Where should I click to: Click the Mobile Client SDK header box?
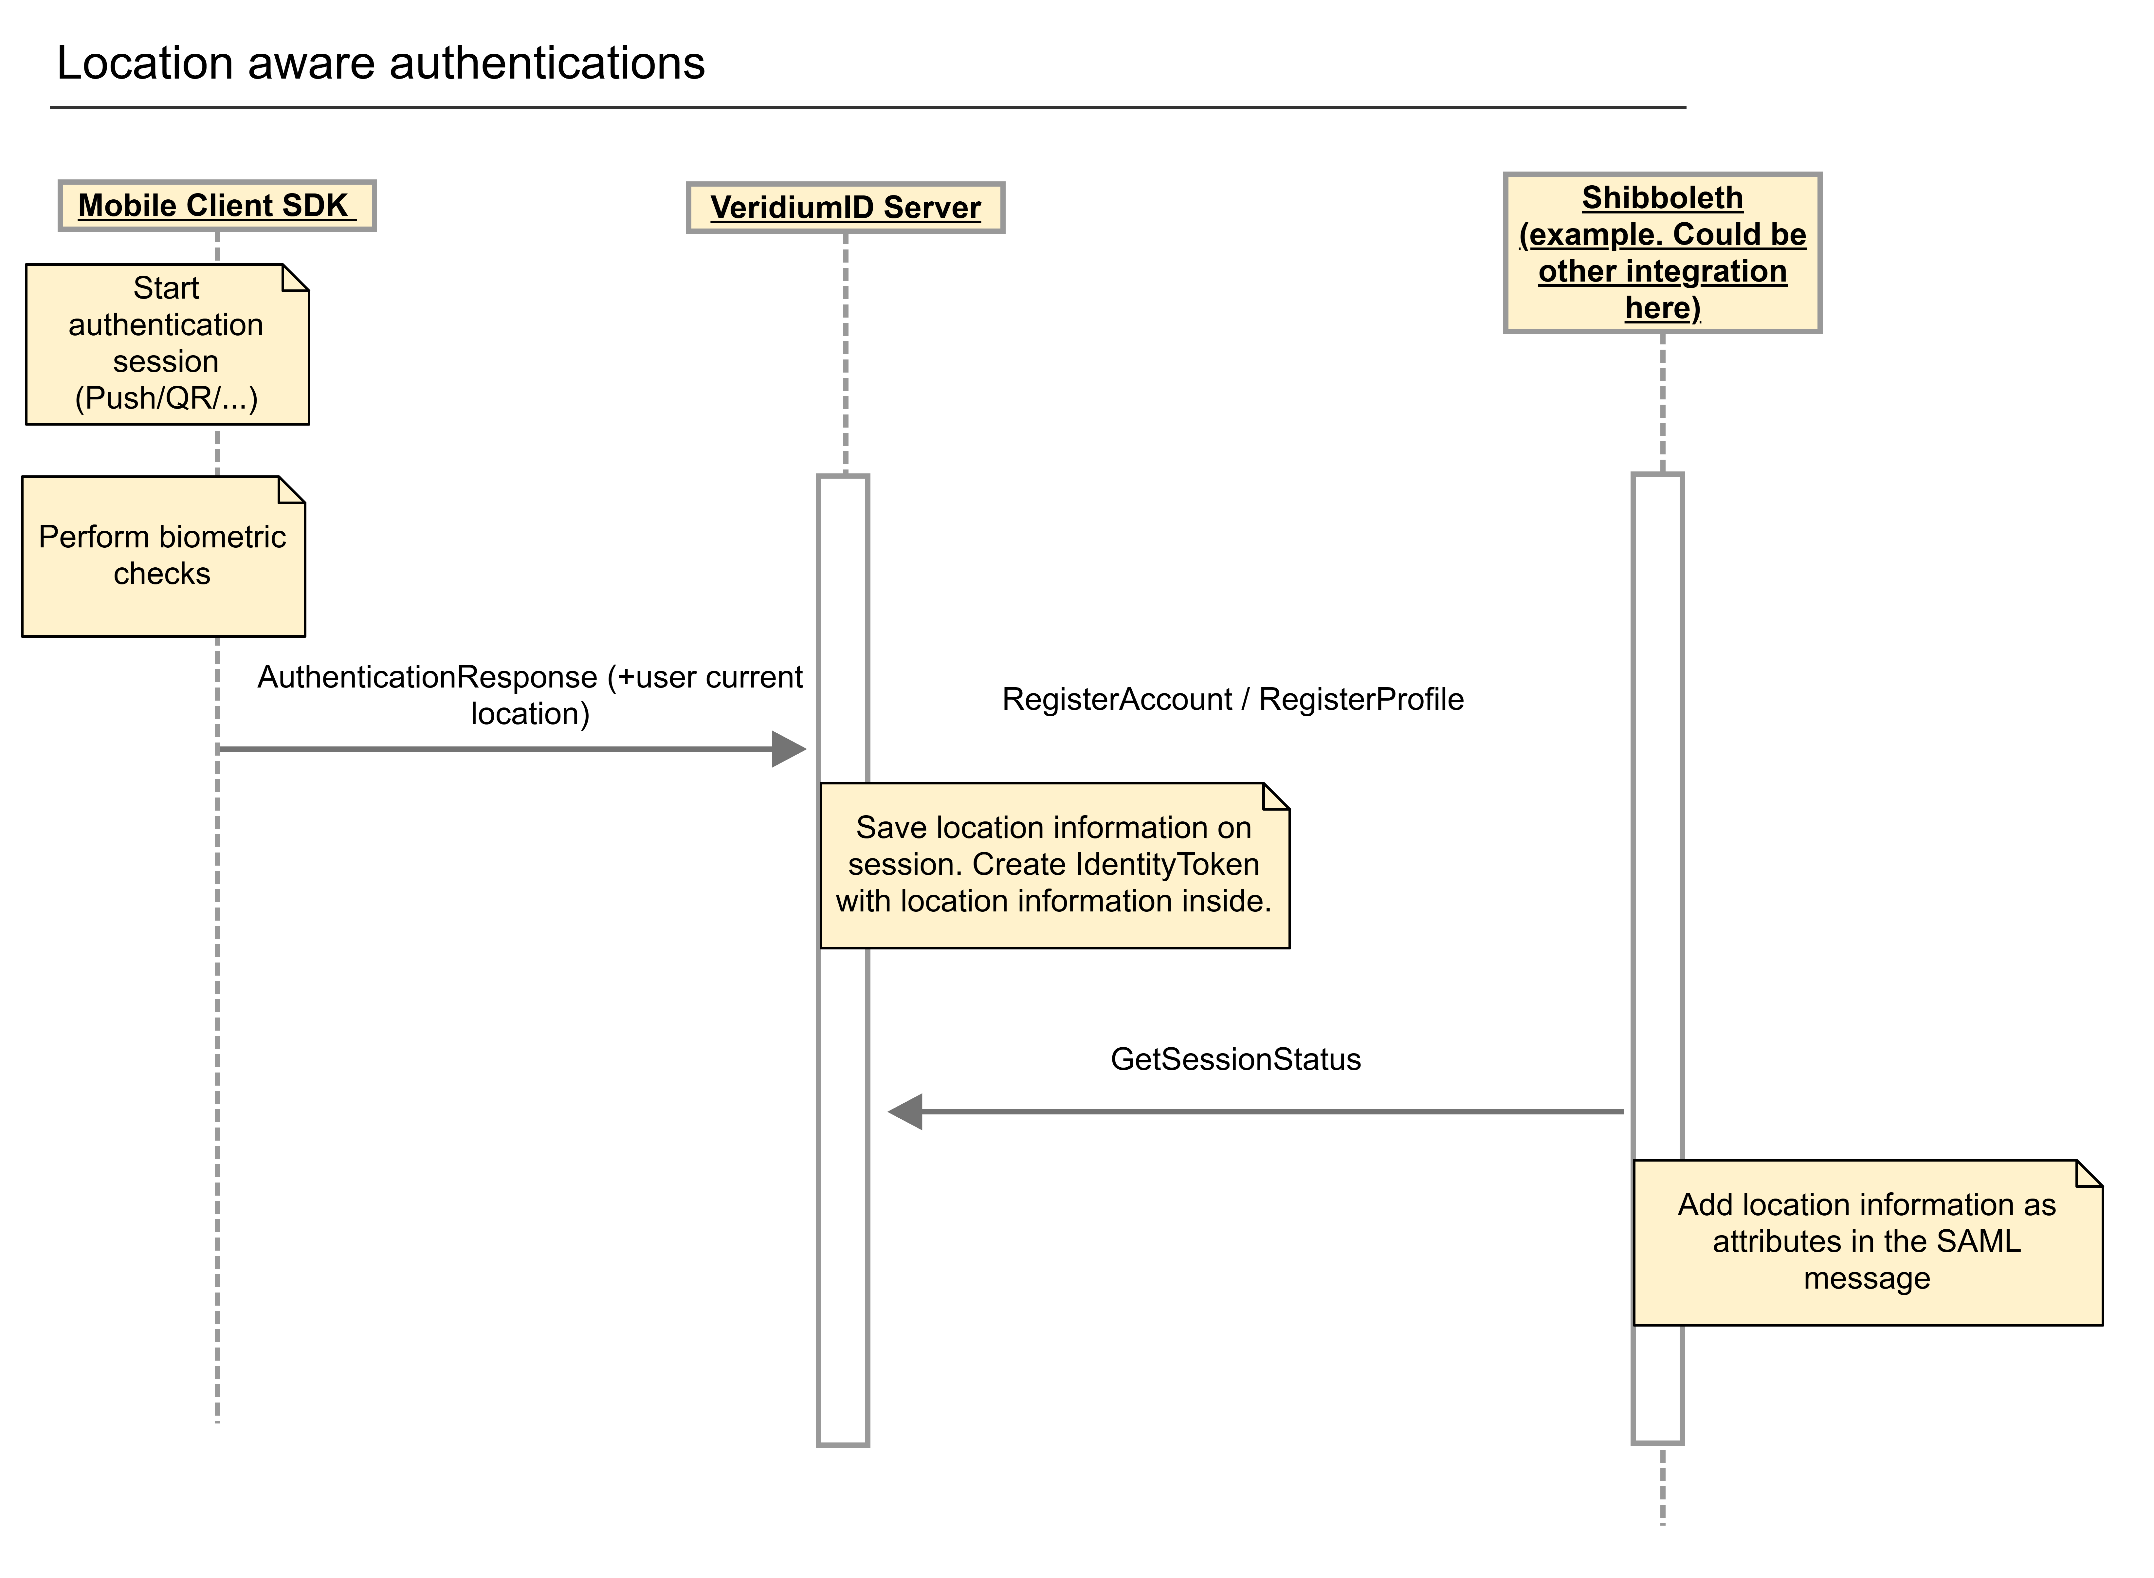[x=217, y=205]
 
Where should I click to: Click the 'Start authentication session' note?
[x=166, y=344]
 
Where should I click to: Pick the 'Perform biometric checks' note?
[x=162, y=556]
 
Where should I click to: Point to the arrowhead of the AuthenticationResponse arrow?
[x=791, y=749]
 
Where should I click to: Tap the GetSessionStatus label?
[x=1235, y=1059]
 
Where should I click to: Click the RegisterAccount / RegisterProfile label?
[x=1232, y=699]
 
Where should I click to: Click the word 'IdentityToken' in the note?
[x=1167, y=864]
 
